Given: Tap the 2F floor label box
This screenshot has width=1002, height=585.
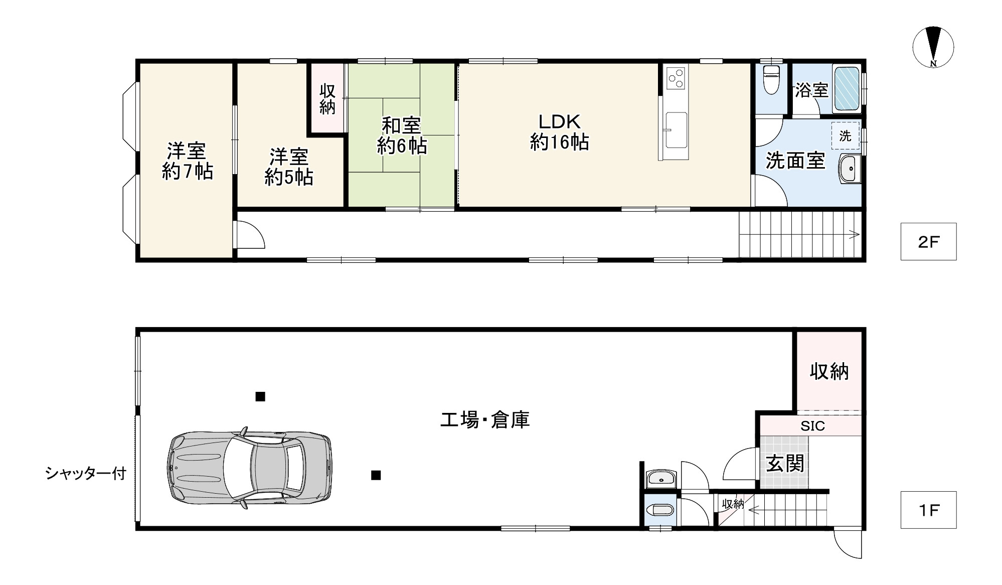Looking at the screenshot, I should click(x=928, y=242).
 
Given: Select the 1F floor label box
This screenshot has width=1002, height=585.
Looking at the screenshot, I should click(x=928, y=510).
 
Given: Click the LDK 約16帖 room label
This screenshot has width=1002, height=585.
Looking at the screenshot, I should click(x=559, y=132).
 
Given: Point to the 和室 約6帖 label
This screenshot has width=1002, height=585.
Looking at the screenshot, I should click(x=402, y=135).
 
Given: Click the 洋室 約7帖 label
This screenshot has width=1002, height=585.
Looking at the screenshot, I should click(x=187, y=161).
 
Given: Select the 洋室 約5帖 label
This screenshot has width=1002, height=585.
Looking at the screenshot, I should click(x=289, y=167).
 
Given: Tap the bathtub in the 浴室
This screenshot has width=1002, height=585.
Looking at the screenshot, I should click(x=847, y=88).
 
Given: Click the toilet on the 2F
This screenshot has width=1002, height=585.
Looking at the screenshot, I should click(x=770, y=80).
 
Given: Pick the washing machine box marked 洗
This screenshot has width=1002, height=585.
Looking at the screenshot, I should click(x=845, y=135).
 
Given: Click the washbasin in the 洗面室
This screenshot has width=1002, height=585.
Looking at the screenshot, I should click(x=849, y=169).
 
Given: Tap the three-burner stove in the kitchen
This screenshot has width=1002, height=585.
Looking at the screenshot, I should click(x=676, y=78).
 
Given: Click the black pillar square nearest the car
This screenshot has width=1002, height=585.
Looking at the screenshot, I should click(x=376, y=475).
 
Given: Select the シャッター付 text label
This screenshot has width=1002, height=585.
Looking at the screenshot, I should click(x=85, y=473).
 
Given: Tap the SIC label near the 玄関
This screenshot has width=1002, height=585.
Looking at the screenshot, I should click(x=812, y=426).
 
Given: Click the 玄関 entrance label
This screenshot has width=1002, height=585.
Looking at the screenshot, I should click(x=785, y=463).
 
